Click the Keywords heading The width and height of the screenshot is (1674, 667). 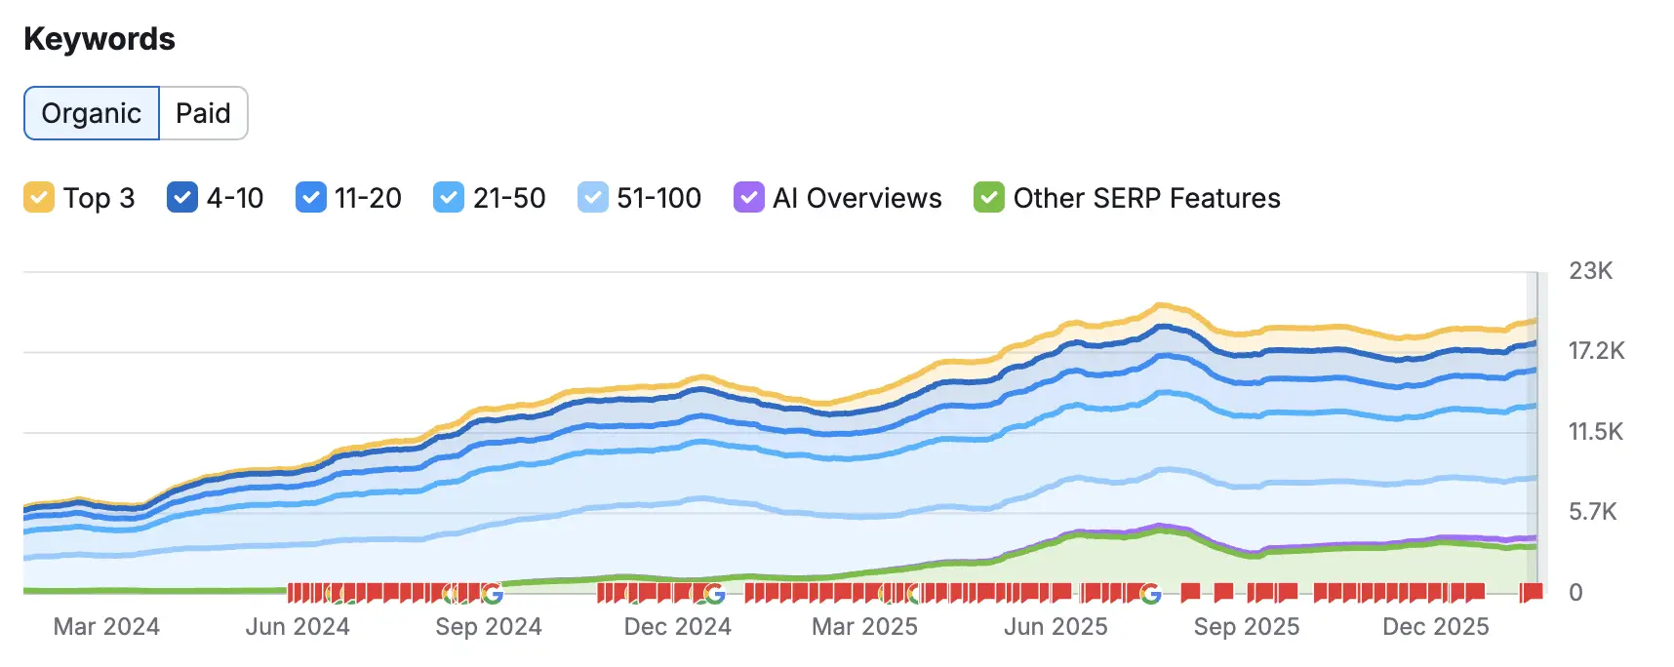[100, 39]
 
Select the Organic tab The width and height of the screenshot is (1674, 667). [92, 113]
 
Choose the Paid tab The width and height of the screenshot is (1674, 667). [203, 113]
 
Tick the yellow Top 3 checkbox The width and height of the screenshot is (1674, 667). [39, 198]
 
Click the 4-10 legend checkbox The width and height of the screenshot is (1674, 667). [182, 198]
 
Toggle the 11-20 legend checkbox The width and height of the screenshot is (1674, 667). [310, 198]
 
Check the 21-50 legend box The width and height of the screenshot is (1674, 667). [449, 198]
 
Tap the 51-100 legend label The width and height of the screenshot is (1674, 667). [658, 198]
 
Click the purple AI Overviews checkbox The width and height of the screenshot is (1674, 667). [748, 198]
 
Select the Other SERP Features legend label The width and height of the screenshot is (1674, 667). [1146, 198]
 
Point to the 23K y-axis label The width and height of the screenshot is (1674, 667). [1590, 271]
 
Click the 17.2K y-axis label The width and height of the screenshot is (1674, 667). [1596, 351]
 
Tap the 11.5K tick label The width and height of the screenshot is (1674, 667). [1595, 432]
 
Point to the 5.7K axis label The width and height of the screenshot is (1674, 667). [1592, 512]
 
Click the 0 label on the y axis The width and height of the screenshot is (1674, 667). [1575, 593]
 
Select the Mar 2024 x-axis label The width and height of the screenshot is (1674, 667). [106, 627]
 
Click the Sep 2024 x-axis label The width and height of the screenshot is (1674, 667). [488, 627]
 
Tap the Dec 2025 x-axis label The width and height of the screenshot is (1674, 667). [1435, 627]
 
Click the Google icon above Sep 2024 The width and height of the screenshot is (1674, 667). [492, 593]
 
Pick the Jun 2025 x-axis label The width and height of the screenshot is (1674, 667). [1056, 627]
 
